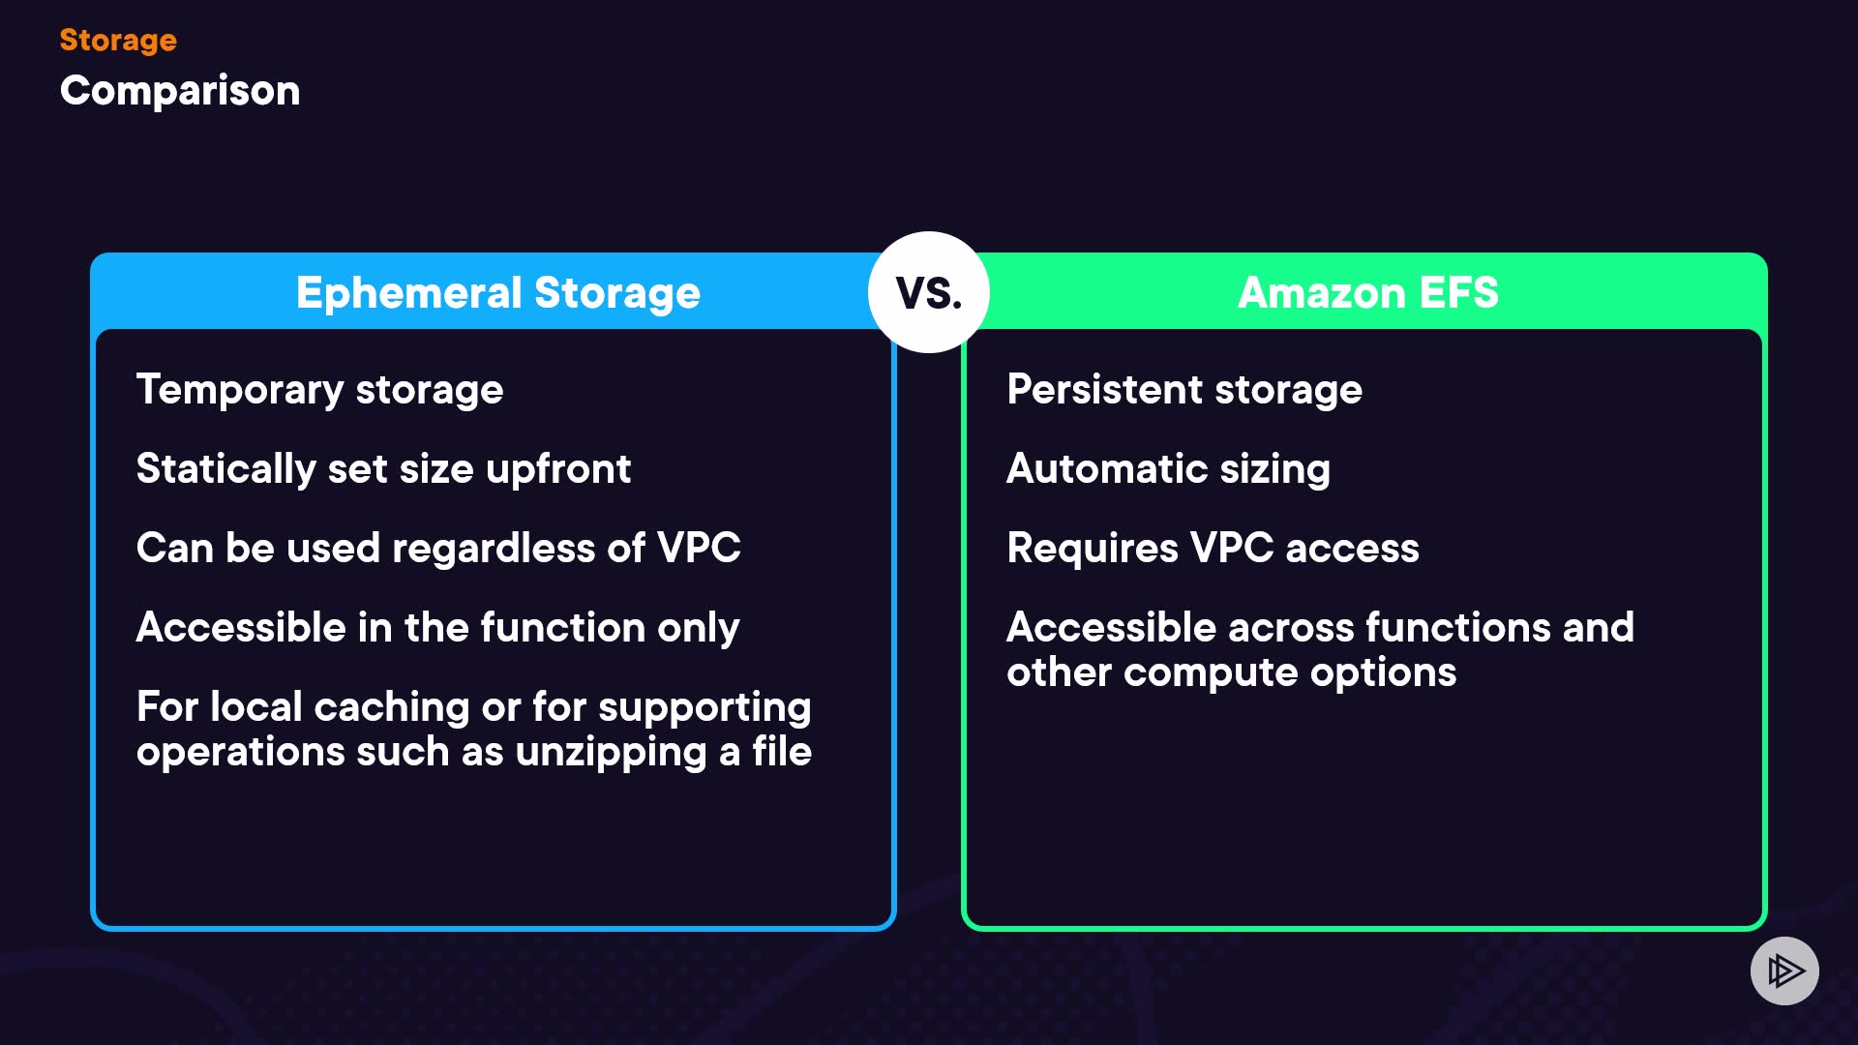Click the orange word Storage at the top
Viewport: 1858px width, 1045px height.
pyautogui.click(x=118, y=40)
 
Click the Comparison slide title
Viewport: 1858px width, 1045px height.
pyautogui.click(x=180, y=91)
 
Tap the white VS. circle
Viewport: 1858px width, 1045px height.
pyautogui.click(x=928, y=292)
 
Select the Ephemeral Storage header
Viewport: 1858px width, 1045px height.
pyautogui.click(x=497, y=292)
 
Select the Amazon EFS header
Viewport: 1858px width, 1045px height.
pyautogui.click(x=1367, y=292)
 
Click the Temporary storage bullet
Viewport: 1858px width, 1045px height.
pyautogui.click(x=319, y=390)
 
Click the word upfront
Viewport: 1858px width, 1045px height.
pyautogui.click(x=558, y=469)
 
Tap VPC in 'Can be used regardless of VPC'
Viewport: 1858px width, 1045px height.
pyautogui.click(x=699, y=549)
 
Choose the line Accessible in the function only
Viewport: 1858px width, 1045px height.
pyautogui.click(x=437, y=628)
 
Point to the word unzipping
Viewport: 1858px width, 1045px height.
pyautogui.click(x=611, y=753)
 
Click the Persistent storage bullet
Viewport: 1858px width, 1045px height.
pyautogui.click(x=1184, y=390)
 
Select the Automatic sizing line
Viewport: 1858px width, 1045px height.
pyautogui.click(x=1168, y=469)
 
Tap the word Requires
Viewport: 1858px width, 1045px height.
pyautogui.click(x=1093, y=549)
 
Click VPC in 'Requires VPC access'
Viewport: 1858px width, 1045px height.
pyautogui.click(x=1232, y=549)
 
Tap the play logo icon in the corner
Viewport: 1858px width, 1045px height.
pyautogui.click(x=1784, y=970)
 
